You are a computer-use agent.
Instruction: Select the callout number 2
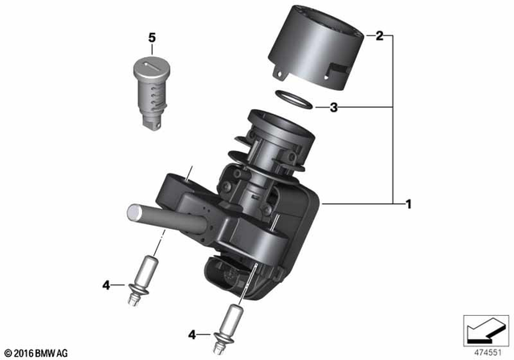coord(379,37)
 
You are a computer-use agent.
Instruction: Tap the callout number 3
coord(379,106)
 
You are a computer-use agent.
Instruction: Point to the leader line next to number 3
coord(349,106)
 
